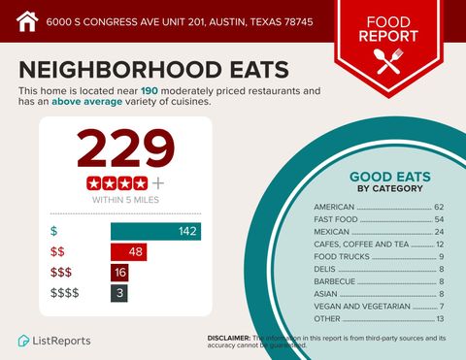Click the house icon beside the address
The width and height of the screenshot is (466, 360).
26,19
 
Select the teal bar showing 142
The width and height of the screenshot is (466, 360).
155,231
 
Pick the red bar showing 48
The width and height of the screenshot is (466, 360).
129,252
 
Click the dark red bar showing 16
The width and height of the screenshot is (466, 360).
119,273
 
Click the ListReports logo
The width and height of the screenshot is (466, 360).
55,341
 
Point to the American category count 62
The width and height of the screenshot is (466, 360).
439,207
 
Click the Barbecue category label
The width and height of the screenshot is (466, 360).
335,281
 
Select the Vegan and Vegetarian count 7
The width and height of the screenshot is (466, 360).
441,307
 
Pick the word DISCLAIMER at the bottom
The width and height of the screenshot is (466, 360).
229,337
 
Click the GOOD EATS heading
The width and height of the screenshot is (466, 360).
389,177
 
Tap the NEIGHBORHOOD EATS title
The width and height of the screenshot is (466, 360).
153,69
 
